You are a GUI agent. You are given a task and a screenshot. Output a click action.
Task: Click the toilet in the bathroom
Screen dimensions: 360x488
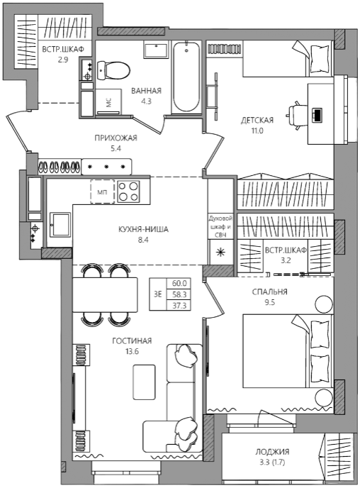click(x=113, y=70)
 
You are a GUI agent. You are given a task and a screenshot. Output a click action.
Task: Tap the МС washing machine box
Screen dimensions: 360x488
click(x=108, y=101)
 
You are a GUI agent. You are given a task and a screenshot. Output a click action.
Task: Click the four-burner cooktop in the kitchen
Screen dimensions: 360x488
click(x=128, y=191)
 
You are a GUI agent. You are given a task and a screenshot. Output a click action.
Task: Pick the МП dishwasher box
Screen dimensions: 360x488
click(x=103, y=192)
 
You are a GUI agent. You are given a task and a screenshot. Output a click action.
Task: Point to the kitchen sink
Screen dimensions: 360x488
click(x=60, y=224)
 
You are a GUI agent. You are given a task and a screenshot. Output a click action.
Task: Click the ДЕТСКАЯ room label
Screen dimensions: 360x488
click(x=257, y=120)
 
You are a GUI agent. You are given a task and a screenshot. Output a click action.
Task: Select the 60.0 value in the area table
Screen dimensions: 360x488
click(x=179, y=283)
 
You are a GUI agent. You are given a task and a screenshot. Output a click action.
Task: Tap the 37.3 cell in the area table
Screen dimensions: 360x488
click(x=179, y=306)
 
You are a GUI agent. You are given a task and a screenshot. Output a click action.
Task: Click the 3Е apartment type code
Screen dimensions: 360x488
click(x=158, y=294)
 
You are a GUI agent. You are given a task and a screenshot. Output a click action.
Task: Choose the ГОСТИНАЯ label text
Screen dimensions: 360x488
click(x=132, y=340)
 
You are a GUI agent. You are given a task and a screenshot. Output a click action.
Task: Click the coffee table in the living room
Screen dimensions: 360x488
click(x=144, y=382)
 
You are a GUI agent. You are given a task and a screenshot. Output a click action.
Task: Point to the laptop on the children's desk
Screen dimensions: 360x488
click(x=317, y=114)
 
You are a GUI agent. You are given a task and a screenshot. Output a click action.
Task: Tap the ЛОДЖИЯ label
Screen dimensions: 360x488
click(x=272, y=452)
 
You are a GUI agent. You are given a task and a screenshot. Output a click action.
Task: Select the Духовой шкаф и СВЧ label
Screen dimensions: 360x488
click(x=220, y=226)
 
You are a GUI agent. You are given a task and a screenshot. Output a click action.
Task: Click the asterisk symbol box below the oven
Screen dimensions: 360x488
click(x=220, y=252)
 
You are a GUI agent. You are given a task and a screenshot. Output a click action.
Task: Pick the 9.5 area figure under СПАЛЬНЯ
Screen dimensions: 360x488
click(x=270, y=302)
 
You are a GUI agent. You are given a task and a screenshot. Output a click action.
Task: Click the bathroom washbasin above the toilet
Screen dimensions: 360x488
click(x=155, y=50)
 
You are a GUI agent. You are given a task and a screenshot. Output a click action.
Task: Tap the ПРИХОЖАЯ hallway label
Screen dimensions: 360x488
click(x=116, y=138)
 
